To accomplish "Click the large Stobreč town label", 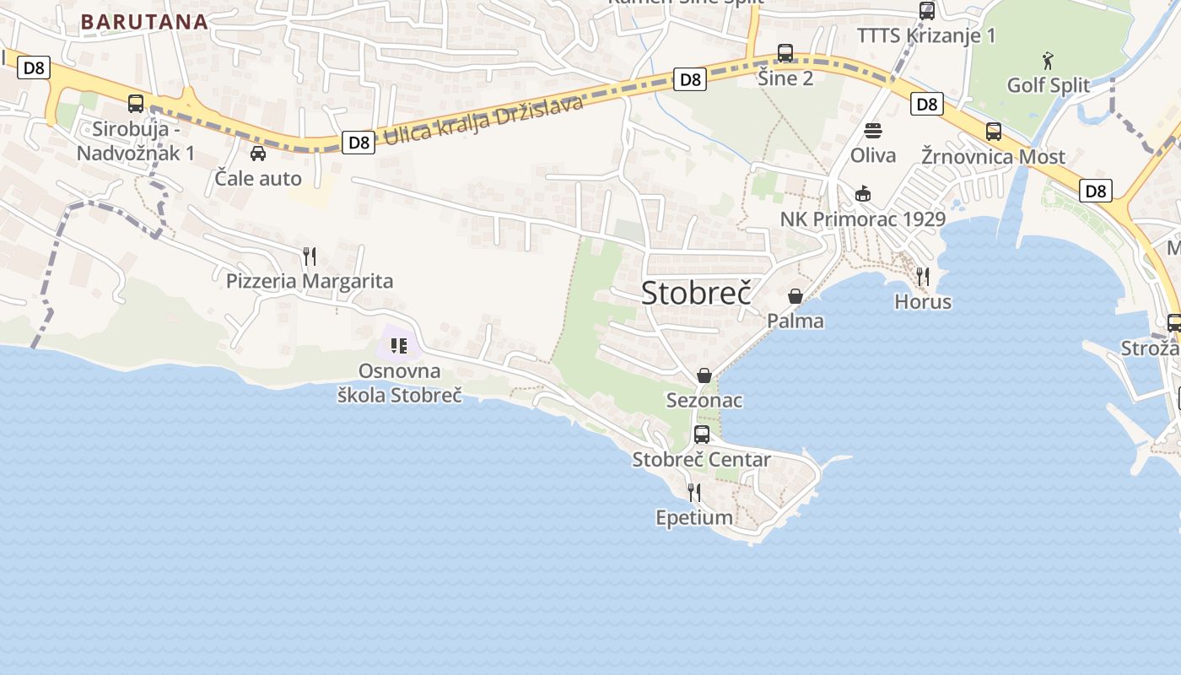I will click(696, 293).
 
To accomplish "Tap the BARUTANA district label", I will click(144, 22).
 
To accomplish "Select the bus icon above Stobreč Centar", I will click(702, 435).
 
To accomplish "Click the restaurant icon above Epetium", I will click(694, 492).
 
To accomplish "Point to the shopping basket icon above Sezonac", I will click(704, 375).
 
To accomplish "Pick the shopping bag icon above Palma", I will click(795, 296).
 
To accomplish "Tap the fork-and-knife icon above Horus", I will click(923, 276).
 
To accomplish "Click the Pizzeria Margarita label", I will click(310, 281).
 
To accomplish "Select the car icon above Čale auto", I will click(258, 154).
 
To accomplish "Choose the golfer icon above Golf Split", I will click(1048, 61).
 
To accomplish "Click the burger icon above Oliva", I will click(873, 131).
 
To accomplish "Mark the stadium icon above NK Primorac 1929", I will click(862, 194).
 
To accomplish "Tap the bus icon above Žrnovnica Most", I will click(994, 132).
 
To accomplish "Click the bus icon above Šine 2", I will click(785, 53).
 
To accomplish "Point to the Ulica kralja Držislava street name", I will click(483, 121).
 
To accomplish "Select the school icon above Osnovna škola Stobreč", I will click(399, 346).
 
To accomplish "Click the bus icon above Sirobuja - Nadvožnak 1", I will click(136, 104).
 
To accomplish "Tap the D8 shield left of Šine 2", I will click(690, 79).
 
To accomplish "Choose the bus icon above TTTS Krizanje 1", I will click(927, 11).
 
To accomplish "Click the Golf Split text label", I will click(1049, 85).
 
